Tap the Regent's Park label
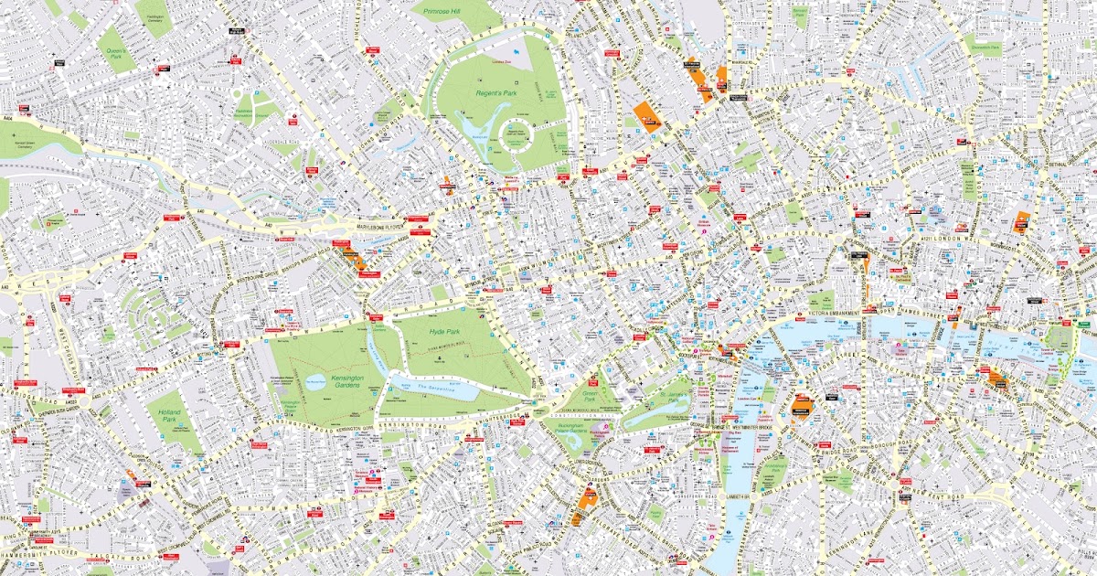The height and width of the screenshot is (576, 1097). (x=495, y=93)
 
